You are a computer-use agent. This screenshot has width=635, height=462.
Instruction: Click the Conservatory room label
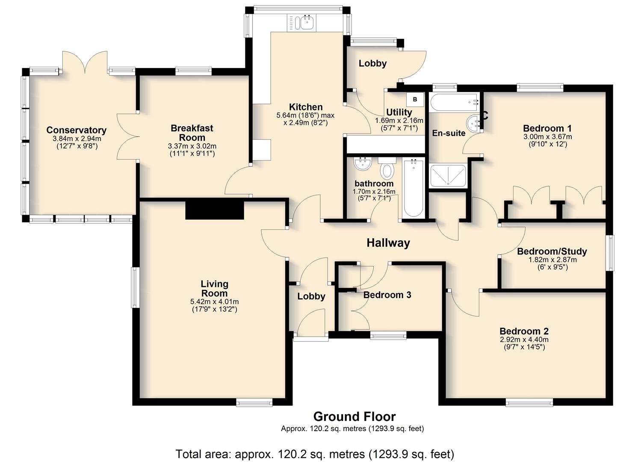(76, 130)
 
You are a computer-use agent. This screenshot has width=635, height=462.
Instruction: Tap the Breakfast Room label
(192, 133)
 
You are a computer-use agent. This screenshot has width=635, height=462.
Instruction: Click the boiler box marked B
(415, 99)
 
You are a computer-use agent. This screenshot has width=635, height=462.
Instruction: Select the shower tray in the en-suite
(448, 176)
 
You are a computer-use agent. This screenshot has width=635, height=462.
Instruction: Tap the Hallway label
(388, 243)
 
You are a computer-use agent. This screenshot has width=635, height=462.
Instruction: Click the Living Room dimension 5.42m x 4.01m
(214, 302)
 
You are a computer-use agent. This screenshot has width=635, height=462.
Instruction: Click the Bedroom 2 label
(524, 331)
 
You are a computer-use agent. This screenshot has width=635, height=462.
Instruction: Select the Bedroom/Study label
(552, 252)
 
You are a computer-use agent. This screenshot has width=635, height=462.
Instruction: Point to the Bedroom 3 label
(387, 295)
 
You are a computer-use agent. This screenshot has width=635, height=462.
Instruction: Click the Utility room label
(399, 113)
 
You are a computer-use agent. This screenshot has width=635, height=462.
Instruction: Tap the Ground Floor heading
(354, 417)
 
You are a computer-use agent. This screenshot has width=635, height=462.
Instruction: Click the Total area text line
(315, 454)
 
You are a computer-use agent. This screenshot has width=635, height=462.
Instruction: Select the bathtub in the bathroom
(414, 188)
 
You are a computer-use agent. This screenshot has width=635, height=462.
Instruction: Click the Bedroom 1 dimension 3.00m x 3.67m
(547, 137)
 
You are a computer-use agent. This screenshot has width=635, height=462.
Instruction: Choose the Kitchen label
(306, 107)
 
